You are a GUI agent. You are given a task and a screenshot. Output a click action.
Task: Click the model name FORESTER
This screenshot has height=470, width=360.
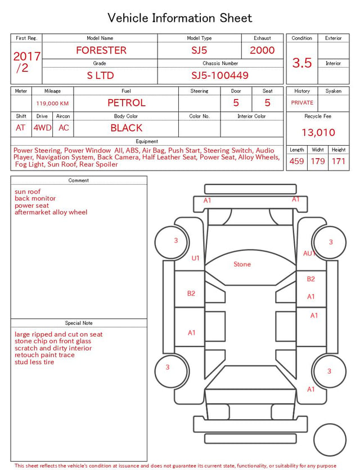(101, 50)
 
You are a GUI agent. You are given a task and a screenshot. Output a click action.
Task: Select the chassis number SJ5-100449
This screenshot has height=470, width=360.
(220, 75)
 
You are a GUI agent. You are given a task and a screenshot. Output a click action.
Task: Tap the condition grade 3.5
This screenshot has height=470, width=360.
(302, 63)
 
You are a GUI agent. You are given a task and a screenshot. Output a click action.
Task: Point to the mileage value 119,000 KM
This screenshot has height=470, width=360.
(52, 104)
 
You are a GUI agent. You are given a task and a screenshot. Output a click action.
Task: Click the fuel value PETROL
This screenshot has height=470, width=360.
(127, 103)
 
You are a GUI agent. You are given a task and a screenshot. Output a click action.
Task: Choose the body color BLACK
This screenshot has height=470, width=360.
(127, 128)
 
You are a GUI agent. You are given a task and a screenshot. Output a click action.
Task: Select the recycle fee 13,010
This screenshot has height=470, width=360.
(318, 132)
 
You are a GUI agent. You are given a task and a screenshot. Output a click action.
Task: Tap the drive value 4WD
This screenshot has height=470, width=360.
(42, 128)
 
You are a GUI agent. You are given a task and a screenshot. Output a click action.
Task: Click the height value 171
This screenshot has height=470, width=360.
(339, 161)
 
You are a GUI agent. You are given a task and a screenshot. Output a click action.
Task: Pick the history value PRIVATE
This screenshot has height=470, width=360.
(302, 102)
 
